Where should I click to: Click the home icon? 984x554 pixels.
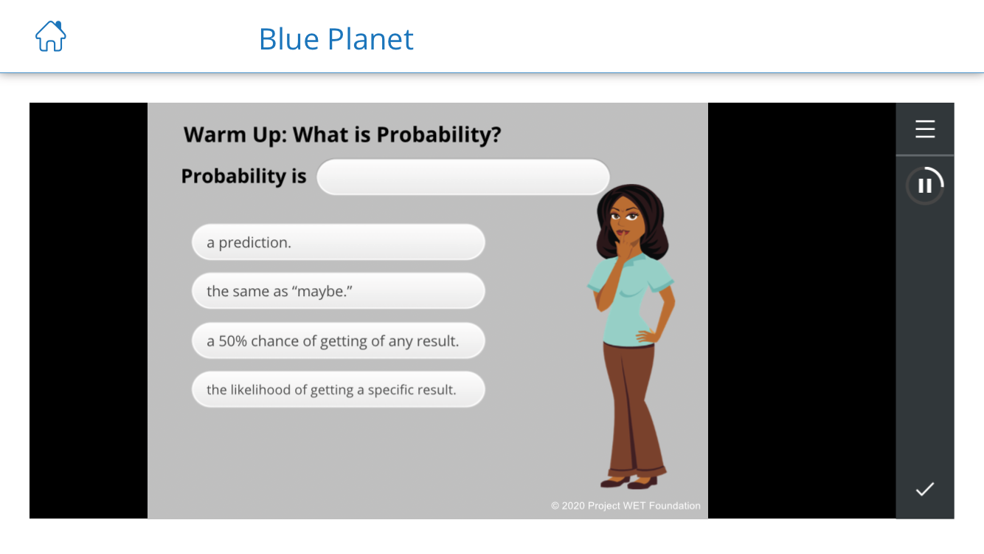click(50, 36)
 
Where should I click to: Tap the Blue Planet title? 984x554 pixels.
click(336, 38)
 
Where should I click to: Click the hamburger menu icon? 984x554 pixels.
click(925, 129)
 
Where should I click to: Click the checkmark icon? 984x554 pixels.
click(925, 489)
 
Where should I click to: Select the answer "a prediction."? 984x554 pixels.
click(339, 242)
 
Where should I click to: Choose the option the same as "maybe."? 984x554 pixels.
click(339, 291)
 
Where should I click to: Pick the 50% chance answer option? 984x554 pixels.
click(339, 341)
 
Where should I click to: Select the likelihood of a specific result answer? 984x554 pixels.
click(339, 389)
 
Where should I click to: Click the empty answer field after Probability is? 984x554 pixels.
click(463, 177)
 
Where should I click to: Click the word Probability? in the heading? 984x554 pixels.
click(438, 134)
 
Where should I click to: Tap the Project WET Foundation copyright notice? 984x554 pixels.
click(626, 505)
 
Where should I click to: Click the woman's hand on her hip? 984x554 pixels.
click(647, 336)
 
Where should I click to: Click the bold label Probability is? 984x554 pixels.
click(243, 177)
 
